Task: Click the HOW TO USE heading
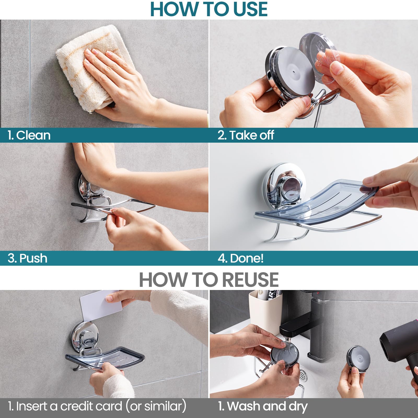(x=209, y=9)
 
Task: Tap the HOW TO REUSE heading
(x=209, y=280)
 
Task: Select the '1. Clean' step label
(x=29, y=135)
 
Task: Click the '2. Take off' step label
(x=246, y=135)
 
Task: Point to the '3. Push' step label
(x=27, y=258)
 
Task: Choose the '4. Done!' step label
(x=241, y=258)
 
